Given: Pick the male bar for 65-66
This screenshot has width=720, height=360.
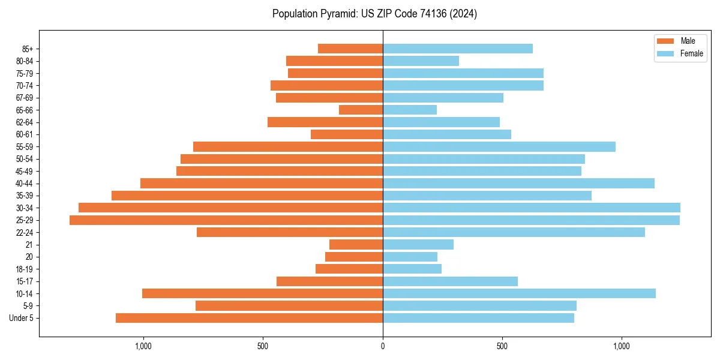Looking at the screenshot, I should [361, 110].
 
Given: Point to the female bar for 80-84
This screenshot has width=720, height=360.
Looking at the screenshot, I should [421, 61].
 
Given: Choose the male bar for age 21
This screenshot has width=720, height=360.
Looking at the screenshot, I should [356, 245].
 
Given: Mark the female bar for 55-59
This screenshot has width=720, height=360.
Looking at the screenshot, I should [499, 146].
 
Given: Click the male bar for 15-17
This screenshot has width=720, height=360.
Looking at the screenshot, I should [329, 281].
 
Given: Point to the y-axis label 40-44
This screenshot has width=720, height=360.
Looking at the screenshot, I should [25, 184].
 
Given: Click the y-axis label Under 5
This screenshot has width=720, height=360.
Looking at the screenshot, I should [21, 318].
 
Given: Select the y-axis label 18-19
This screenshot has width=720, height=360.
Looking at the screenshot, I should [25, 269].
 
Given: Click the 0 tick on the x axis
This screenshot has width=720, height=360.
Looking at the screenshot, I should [383, 346].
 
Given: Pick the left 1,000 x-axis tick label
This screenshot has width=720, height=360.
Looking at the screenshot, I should [143, 346].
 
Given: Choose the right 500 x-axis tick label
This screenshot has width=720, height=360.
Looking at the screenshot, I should [502, 346].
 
